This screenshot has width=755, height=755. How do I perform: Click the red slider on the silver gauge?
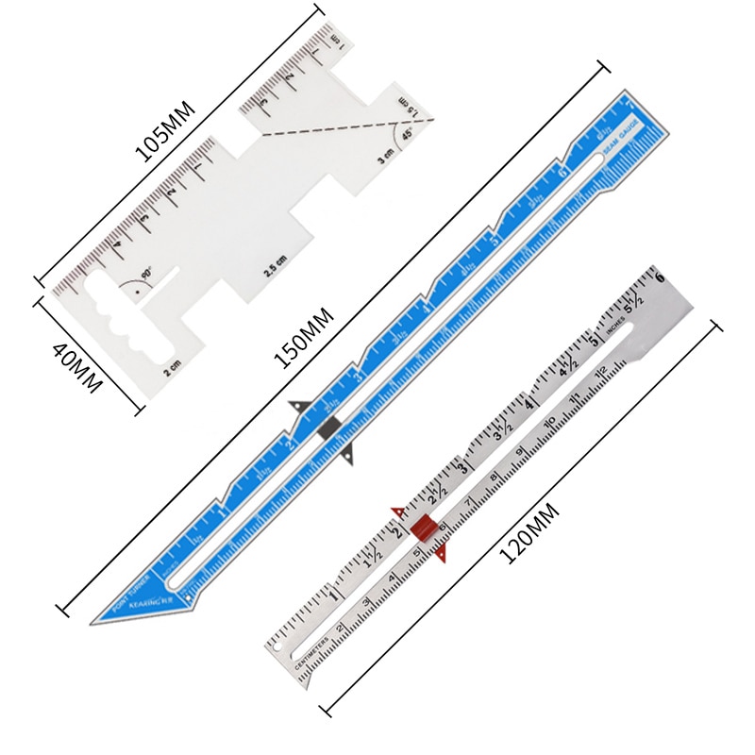pyautogui.click(x=422, y=529)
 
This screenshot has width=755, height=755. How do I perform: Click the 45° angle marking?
pyautogui.click(x=407, y=135)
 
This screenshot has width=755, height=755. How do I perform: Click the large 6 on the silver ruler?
pyautogui.click(x=659, y=277)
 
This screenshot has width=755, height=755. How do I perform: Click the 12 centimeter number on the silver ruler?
pyautogui.click(x=600, y=379)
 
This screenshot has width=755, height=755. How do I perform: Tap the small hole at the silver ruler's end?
pyautogui.click(x=280, y=648)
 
